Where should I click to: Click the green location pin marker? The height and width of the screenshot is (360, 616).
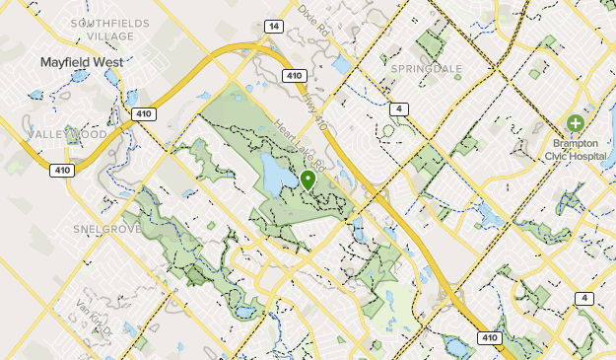pyautogui.click(x=308, y=180)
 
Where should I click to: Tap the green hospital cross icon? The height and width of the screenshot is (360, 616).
pyautogui.click(x=575, y=124)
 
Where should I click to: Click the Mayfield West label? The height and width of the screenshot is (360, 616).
pyautogui.click(x=83, y=62)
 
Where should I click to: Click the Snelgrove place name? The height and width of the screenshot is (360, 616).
pyautogui.click(x=102, y=229)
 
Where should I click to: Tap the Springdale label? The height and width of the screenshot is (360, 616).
pyautogui.click(x=427, y=69)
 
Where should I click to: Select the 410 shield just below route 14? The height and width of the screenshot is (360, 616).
pyautogui.click(x=292, y=75)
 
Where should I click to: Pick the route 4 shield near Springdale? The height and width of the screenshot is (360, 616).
pyautogui.click(x=398, y=108)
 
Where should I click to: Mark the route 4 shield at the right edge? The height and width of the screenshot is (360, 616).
pyautogui.click(x=585, y=298)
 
